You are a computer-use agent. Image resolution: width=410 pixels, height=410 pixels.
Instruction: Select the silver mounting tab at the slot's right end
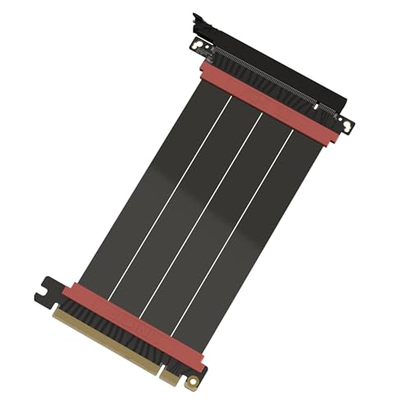pos(347,125)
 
